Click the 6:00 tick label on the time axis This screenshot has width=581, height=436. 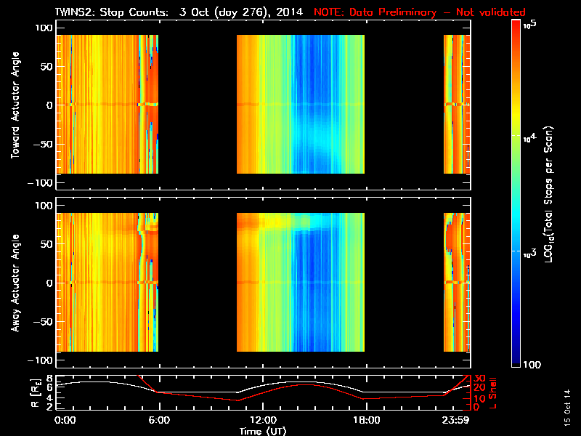pyautogui.click(x=159, y=420)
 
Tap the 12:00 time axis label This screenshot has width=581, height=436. pyautogui.click(x=262, y=420)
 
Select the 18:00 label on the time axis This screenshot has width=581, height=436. pyautogui.click(x=366, y=420)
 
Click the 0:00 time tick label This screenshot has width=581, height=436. pyautogui.click(x=65, y=420)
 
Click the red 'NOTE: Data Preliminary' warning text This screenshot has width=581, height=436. pyautogui.click(x=419, y=12)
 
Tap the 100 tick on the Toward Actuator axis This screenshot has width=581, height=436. pyautogui.click(x=44, y=27)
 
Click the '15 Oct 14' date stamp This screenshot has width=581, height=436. pyautogui.click(x=566, y=411)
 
